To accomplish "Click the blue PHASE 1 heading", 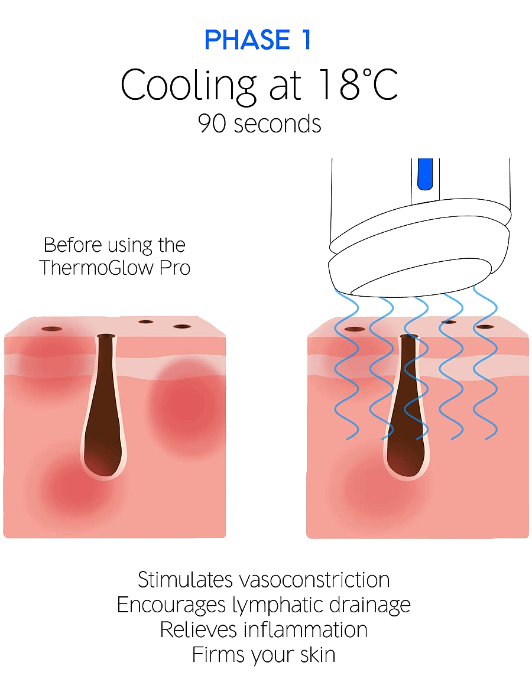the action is [258, 40].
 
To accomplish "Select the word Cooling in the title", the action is [189, 86].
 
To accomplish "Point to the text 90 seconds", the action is [259, 124].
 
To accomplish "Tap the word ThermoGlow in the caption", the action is [96, 268].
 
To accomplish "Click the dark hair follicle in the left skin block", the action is [104, 405].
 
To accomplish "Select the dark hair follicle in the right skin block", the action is [407, 405].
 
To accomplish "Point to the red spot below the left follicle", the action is [77, 485].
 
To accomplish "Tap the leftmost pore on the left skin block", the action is [52, 329].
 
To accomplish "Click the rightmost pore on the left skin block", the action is [182, 327].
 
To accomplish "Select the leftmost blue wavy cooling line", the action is [346, 364].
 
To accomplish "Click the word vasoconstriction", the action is [314, 580].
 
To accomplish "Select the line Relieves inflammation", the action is [264, 630].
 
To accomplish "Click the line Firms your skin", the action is [264, 655].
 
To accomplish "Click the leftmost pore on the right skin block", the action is [354, 329].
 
